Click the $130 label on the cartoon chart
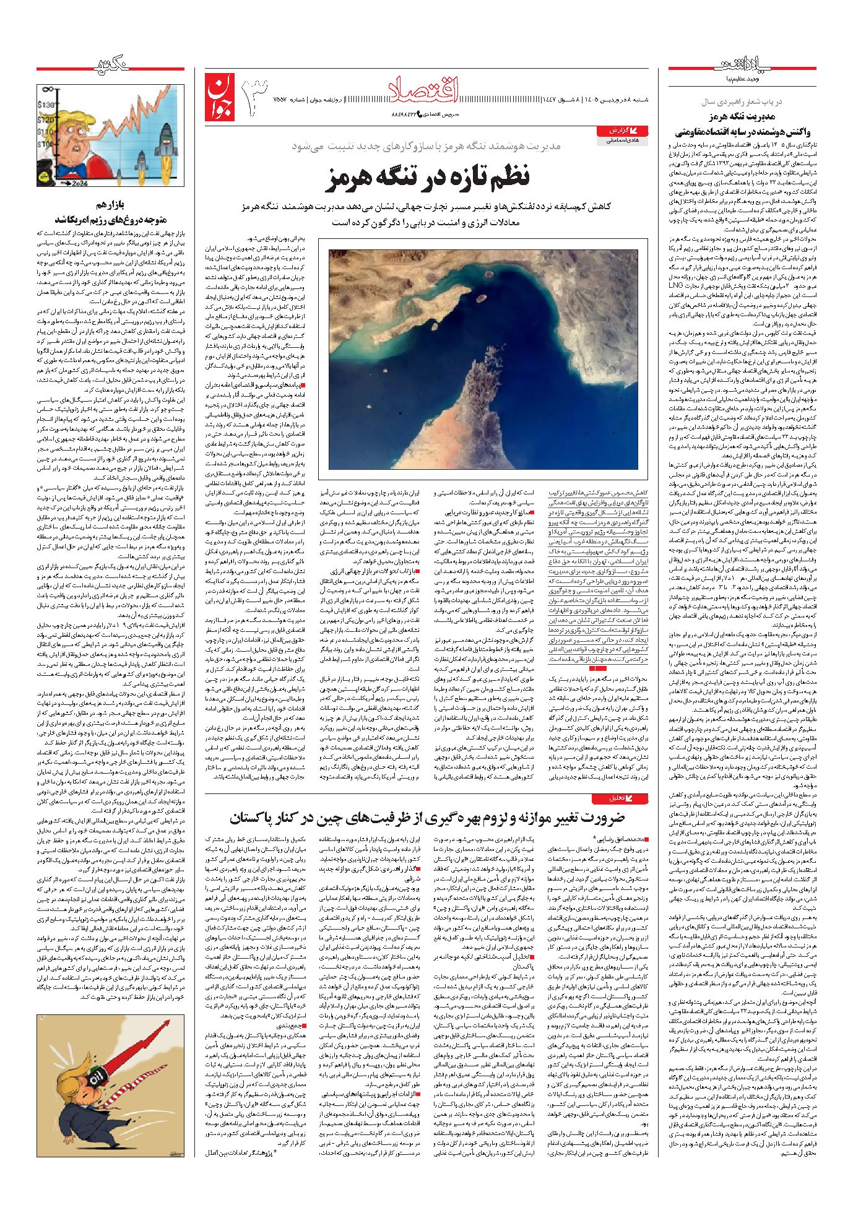45,105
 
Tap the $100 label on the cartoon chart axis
45,144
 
